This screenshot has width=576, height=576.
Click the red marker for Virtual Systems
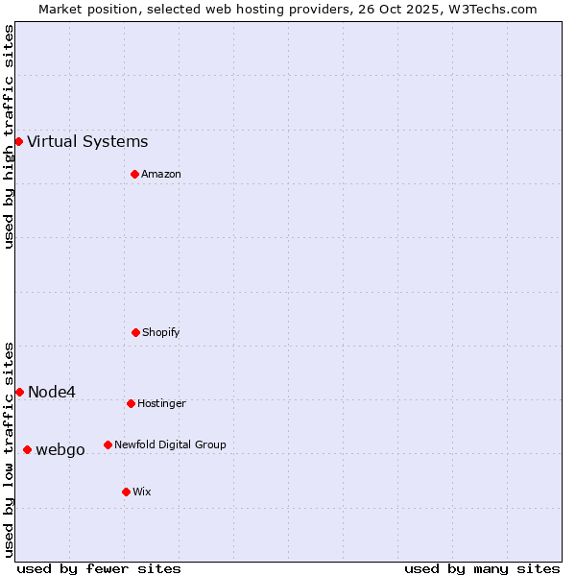[x=18, y=141]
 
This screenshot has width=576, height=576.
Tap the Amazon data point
[x=134, y=174]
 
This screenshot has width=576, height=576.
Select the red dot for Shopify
[x=135, y=332]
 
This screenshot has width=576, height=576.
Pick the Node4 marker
[x=19, y=392]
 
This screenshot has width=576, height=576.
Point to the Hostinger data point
[x=131, y=403]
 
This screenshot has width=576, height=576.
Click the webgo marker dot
[x=27, y=449]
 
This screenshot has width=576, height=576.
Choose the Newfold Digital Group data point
[x=108, y=444]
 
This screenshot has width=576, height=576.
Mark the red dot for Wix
[x=126, y=492]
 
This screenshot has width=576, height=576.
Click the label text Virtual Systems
[x=87, y=142]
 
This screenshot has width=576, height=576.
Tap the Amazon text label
[x=161, y=175]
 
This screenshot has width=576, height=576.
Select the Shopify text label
[x=161, y=333]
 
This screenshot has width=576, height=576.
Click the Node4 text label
[x=52, y=392]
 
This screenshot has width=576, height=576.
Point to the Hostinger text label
[x=161, y=404]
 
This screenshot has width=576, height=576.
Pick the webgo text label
[x=60, y=450]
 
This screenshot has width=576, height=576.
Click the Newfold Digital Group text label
[x=170, y=445]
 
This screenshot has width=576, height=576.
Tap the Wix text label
[x=142, y=492]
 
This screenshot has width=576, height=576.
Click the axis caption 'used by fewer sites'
[x=99, y=568]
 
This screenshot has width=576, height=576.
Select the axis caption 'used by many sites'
[x=482, y=568]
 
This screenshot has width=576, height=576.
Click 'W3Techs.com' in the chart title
[x=490, y=9]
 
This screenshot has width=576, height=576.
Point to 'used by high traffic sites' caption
[x=9, y=136]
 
